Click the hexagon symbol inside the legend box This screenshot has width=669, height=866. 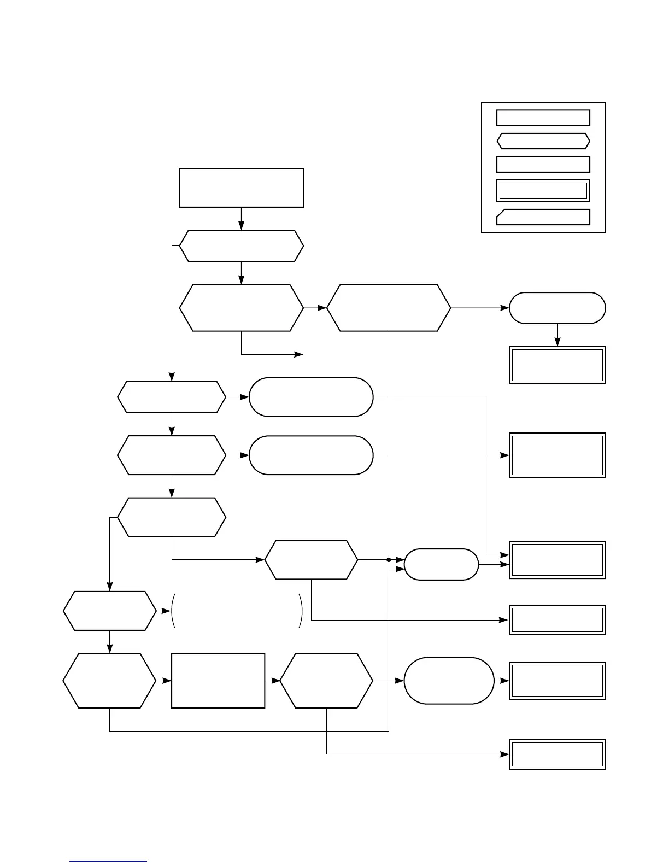pyautogui.click(x=543, y=141)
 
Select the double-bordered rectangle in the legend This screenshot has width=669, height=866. pyautogui.click(x=543, y=191)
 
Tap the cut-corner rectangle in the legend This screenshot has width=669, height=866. pyautogui.click(x=543, y=217)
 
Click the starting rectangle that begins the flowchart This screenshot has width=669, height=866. pyautogui.click(x=241, y=188)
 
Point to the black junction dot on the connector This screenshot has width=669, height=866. pyautogui.click(x=389, y=560)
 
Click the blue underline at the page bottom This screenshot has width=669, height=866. pyautogui.click(x=108, y=862)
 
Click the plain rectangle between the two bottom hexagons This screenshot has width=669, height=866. pyautogui.click(x=218, y=681)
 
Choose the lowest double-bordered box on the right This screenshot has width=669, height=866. pyautogui.click(x=557, y=754)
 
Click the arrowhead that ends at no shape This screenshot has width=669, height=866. pyautogui.click(x=300, y=355)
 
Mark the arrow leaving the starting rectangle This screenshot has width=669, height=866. pyautogui.click(x=241, y=219)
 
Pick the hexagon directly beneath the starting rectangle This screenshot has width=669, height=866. pyautogui.click(x=241, y=246)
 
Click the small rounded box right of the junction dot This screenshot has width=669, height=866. pyautogui.click(x=441, y=564)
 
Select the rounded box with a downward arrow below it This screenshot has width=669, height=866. pyautogui.click(x=557, y=308)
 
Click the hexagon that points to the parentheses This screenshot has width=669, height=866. pyautogui.click(x=110, y=611)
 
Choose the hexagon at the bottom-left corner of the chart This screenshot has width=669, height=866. pyautogui.click(x=110, y=681)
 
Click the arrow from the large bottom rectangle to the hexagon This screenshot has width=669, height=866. pyautogui.click(x=272, y=681)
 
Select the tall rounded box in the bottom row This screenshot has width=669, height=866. pyautogui.click(x=449, y=681)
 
